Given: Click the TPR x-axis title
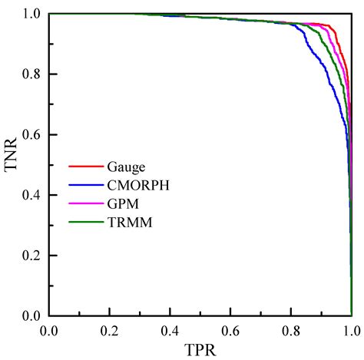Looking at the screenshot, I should (200, 349).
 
